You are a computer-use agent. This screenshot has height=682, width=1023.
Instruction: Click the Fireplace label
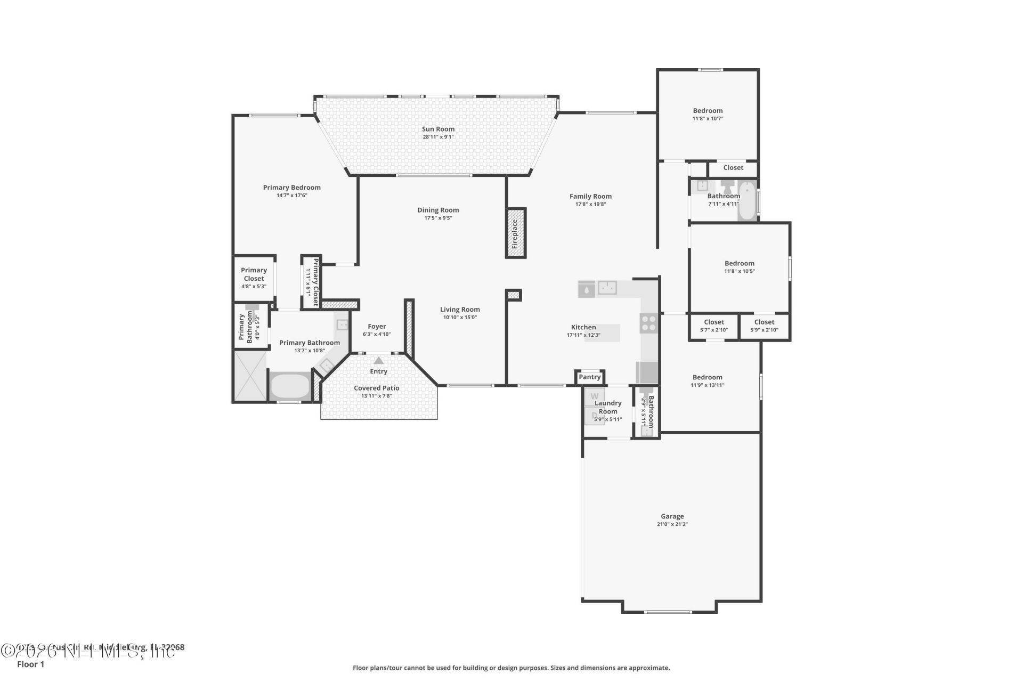click(x=515, y=234)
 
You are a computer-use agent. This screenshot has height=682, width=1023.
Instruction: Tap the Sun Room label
click(x=438, y=129)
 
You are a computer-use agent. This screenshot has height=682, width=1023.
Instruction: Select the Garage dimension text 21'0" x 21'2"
click(x=672, y=524)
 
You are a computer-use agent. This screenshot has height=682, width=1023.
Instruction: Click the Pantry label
click(x=589, y=377)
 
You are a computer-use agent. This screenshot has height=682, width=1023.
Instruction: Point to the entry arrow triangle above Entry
click(x=378, y=361)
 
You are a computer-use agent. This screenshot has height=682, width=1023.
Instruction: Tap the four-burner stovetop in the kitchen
click(x=648, y=322)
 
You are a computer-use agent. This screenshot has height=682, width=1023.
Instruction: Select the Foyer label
click(x=377, y=327)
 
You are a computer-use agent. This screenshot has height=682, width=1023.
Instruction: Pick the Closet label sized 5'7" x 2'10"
click(x=713, y=322)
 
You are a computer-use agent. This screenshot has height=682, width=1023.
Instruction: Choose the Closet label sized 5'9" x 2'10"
click(x=764, y=322)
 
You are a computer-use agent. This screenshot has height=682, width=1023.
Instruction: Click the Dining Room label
click(x=438, y=210)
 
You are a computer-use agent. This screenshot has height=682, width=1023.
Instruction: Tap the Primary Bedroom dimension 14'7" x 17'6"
click(x=291, y=196)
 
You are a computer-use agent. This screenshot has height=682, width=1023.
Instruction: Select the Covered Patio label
click(x=376, y=388)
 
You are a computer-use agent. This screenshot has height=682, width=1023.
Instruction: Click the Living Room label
click(x=460, y=309)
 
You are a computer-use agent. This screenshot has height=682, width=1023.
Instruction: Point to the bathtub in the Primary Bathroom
click(x=289, y=386)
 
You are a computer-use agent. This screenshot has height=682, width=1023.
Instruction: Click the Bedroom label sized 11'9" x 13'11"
click(x=707, y=377)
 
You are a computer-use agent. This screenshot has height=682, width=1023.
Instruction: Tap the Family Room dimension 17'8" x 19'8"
click(x=590, y=204)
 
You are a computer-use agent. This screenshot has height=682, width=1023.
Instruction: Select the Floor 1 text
click(x=30, y=664)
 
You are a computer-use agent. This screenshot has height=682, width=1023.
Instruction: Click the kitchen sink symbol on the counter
click(x=607, y=288)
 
